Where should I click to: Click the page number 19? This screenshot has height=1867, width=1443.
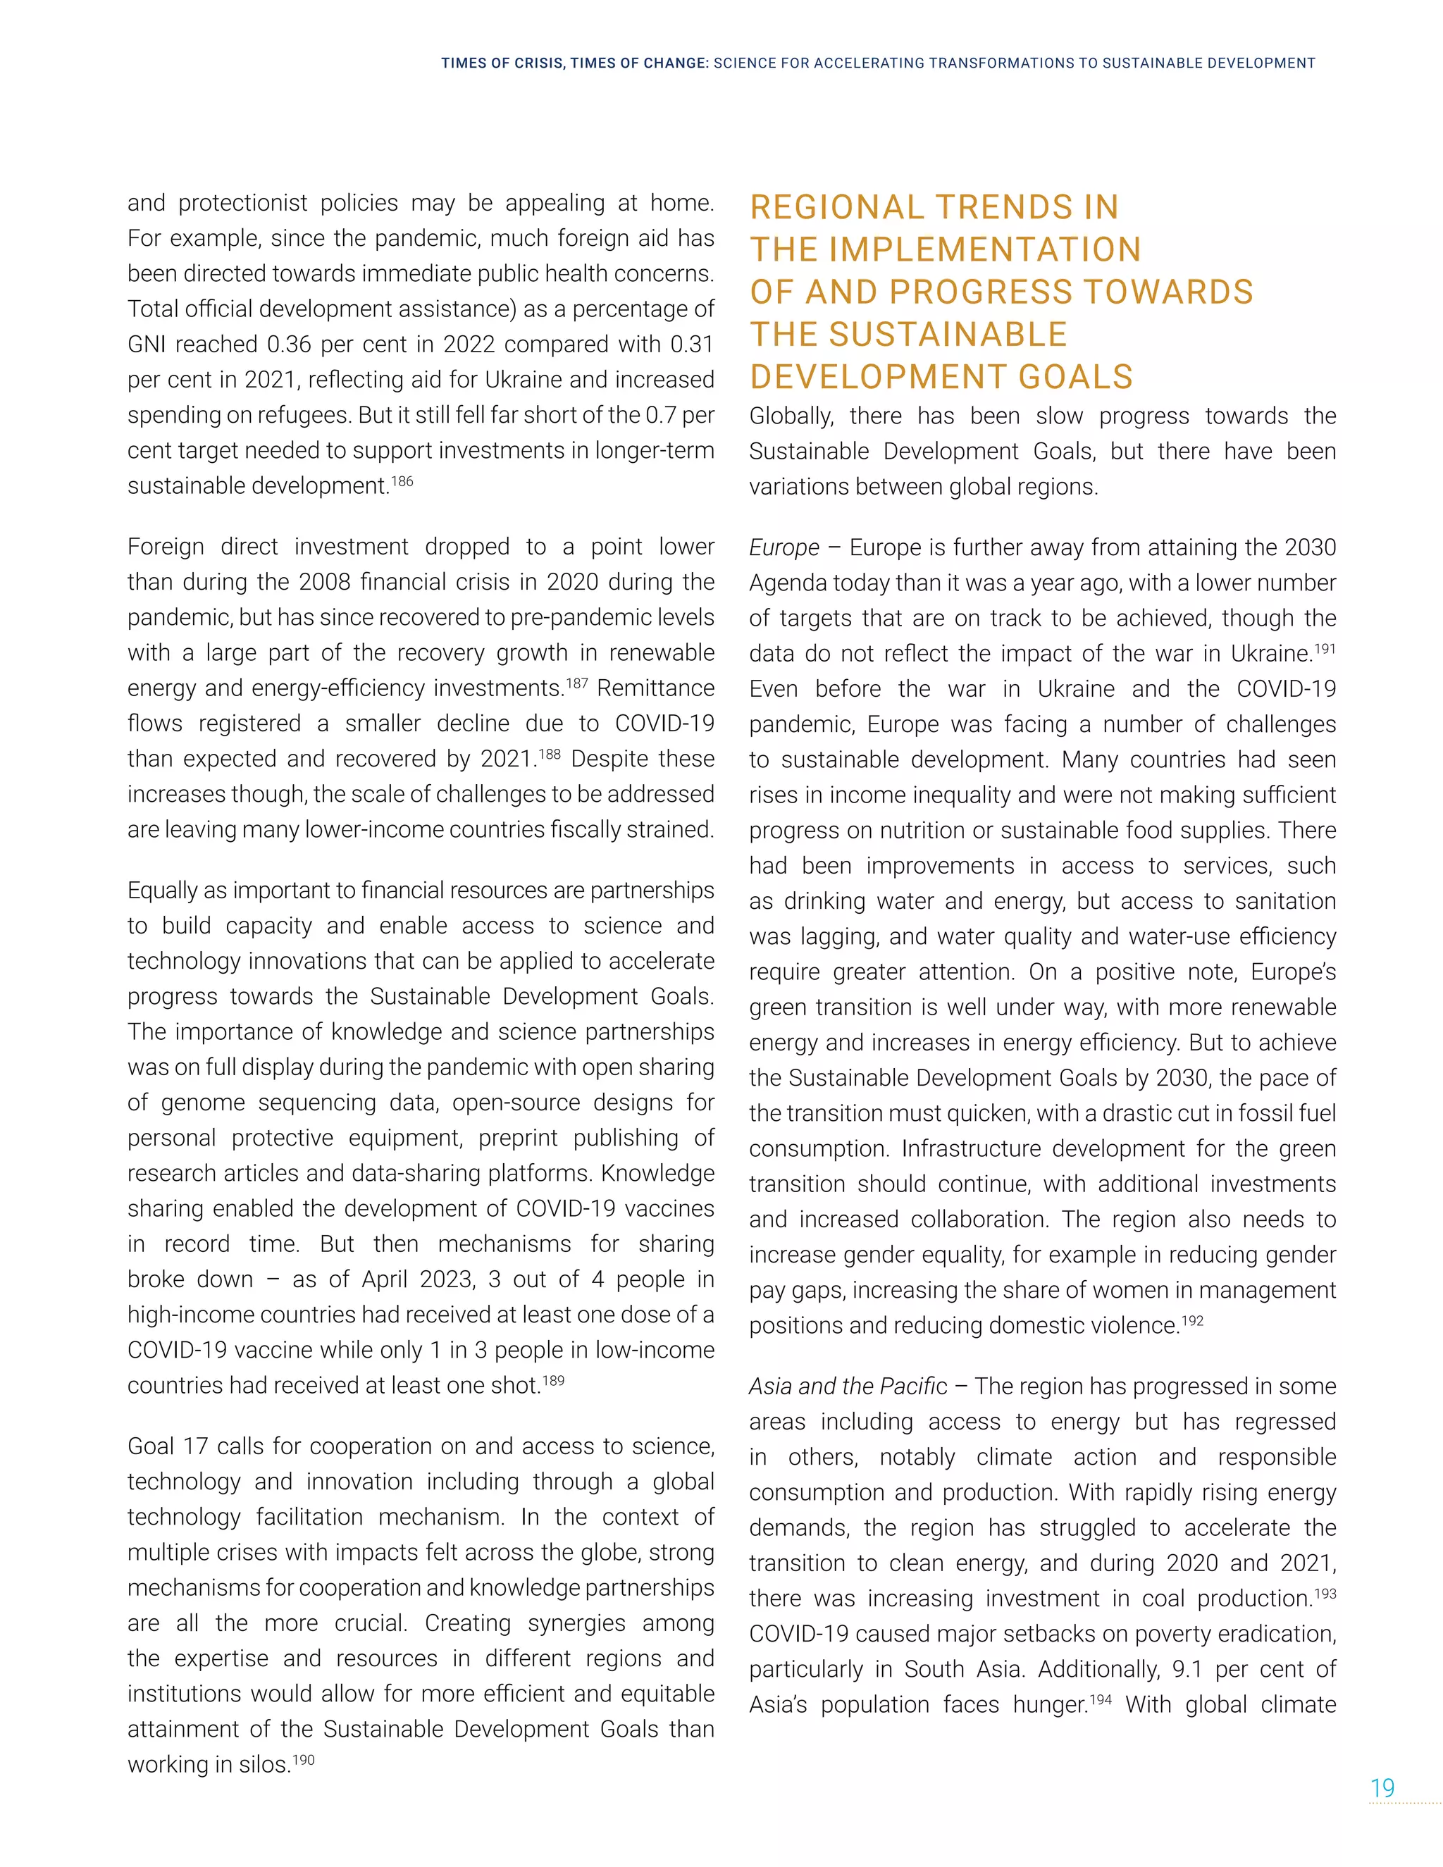pos(1382,1787)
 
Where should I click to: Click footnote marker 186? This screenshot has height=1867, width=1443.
pos(402,481)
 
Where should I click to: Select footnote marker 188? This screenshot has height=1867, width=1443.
pos(550,754)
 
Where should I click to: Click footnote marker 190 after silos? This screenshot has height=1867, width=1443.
pos(304,1759)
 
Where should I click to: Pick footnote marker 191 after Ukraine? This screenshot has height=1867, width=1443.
pos(1324,649)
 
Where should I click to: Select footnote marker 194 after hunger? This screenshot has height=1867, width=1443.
pos(1100,1699)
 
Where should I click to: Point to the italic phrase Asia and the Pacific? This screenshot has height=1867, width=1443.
pos(848,1387)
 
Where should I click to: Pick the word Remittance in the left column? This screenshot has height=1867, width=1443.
pos(656,688)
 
